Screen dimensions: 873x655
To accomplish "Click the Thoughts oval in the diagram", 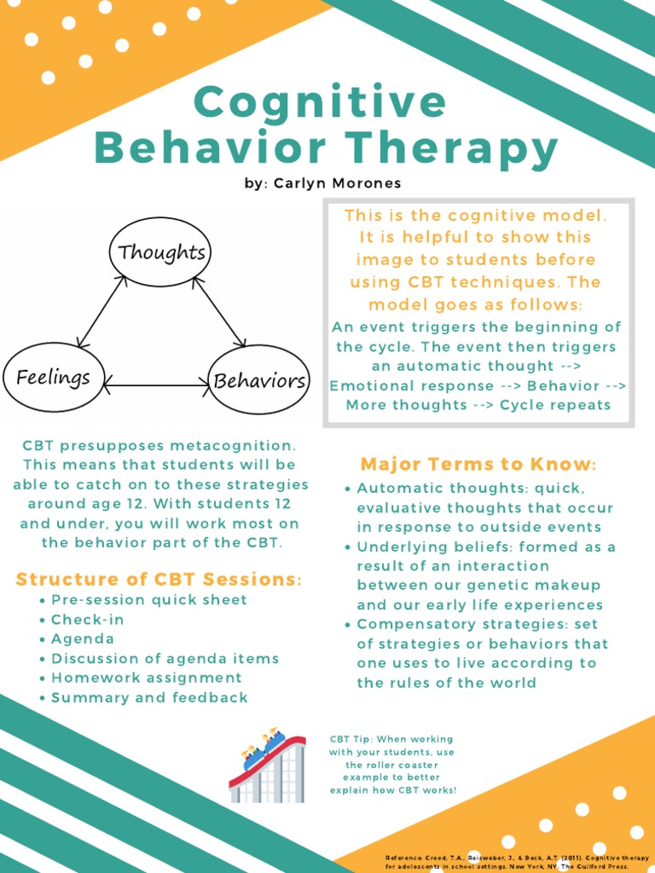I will (x=160, y=251).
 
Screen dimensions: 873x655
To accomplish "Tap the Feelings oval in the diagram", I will (x=53, y=377).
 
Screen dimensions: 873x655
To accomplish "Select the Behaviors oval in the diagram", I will (x=259, y=379).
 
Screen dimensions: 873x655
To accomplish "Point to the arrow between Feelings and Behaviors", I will (x=156, y=385).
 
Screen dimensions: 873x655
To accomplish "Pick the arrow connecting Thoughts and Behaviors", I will (x=219, y=311).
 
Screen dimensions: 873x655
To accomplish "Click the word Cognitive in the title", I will (x=320, y=103).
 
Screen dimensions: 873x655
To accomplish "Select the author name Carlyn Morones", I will (x=338, y=183).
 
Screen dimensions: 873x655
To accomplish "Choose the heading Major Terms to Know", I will (x=478, y=465).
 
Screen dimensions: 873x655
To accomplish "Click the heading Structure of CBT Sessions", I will (x=159, y=580).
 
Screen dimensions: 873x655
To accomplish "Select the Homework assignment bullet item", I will (x=147, y=678).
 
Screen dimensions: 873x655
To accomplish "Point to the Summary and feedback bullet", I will (x=149, y=697).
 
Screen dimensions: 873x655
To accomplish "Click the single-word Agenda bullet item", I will (x=83, y=639).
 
